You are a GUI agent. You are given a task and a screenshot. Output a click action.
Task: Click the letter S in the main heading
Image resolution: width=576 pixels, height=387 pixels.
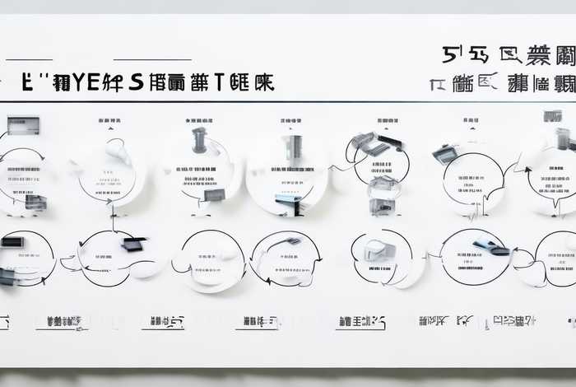click(134, 82)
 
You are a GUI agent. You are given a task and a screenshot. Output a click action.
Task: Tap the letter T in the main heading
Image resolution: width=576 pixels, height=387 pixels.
click(221, 82)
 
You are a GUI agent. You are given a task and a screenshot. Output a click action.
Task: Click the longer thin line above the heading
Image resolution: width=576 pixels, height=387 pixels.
click(152, 59)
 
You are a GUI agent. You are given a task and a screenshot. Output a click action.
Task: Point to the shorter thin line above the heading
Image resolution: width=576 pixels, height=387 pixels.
click(29, 59)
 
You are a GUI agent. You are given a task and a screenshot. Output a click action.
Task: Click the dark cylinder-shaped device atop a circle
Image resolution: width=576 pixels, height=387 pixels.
click(199, 140)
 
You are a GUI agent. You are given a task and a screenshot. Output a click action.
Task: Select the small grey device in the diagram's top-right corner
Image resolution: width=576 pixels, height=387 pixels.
click(552, 116)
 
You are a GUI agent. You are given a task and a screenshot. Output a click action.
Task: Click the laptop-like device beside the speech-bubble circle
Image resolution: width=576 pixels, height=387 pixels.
click(445, 153)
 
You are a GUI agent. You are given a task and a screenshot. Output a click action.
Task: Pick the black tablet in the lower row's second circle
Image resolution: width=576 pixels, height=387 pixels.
click(132, 244)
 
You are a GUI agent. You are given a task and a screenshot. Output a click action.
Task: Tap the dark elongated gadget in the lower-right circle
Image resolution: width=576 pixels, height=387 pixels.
click(491, 246)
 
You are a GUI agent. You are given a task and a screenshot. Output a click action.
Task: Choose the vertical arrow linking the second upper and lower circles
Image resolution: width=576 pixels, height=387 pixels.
click(112, 218)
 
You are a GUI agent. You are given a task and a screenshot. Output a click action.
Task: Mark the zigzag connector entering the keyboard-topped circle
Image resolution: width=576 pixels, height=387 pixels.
click(340, 165)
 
